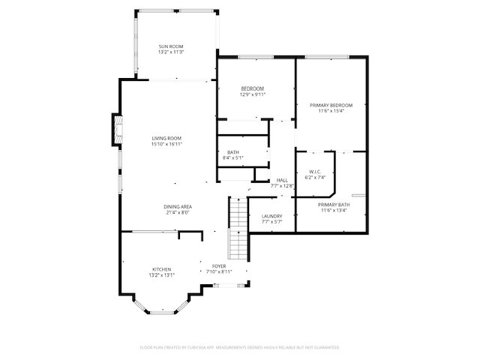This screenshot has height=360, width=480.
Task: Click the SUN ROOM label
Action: click(172, 46)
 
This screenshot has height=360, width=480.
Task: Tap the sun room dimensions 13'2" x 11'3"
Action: click(172, 52)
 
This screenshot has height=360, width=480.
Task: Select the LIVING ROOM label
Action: click(166, 138)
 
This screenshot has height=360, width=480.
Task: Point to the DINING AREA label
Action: click(178, 206)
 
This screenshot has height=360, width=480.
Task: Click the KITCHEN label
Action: click(162, 269)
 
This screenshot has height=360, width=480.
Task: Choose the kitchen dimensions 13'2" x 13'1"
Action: click(162, 275)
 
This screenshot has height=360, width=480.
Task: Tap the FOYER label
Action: click(219, 265)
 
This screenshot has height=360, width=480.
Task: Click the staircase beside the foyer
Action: click(237, 225)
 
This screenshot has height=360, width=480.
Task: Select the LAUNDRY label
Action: click(271, 216)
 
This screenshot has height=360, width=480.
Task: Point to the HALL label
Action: click(282, 180)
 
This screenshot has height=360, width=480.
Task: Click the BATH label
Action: click(233, 152)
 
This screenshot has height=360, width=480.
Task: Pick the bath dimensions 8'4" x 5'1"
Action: click(233, 158)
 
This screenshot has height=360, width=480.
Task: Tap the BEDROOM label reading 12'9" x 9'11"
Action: click(252, 88)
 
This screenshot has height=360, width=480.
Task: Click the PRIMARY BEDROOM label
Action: click(331, 105)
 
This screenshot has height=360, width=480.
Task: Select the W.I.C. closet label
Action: click(315, 172)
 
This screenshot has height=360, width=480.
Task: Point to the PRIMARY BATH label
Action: click(333, 205)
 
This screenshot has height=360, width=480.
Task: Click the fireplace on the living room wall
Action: click(117, 129)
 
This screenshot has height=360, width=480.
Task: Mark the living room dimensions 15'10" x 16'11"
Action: click(166, 144)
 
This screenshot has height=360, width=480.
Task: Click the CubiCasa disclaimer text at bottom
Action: click(240, 347)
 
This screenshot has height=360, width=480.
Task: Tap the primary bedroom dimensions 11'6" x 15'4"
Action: click(331, 111)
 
